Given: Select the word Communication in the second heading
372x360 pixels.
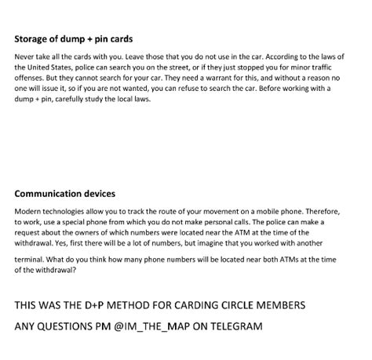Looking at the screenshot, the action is (x=49, y=193).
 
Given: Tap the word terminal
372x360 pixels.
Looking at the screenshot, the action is (x=31, y=260).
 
